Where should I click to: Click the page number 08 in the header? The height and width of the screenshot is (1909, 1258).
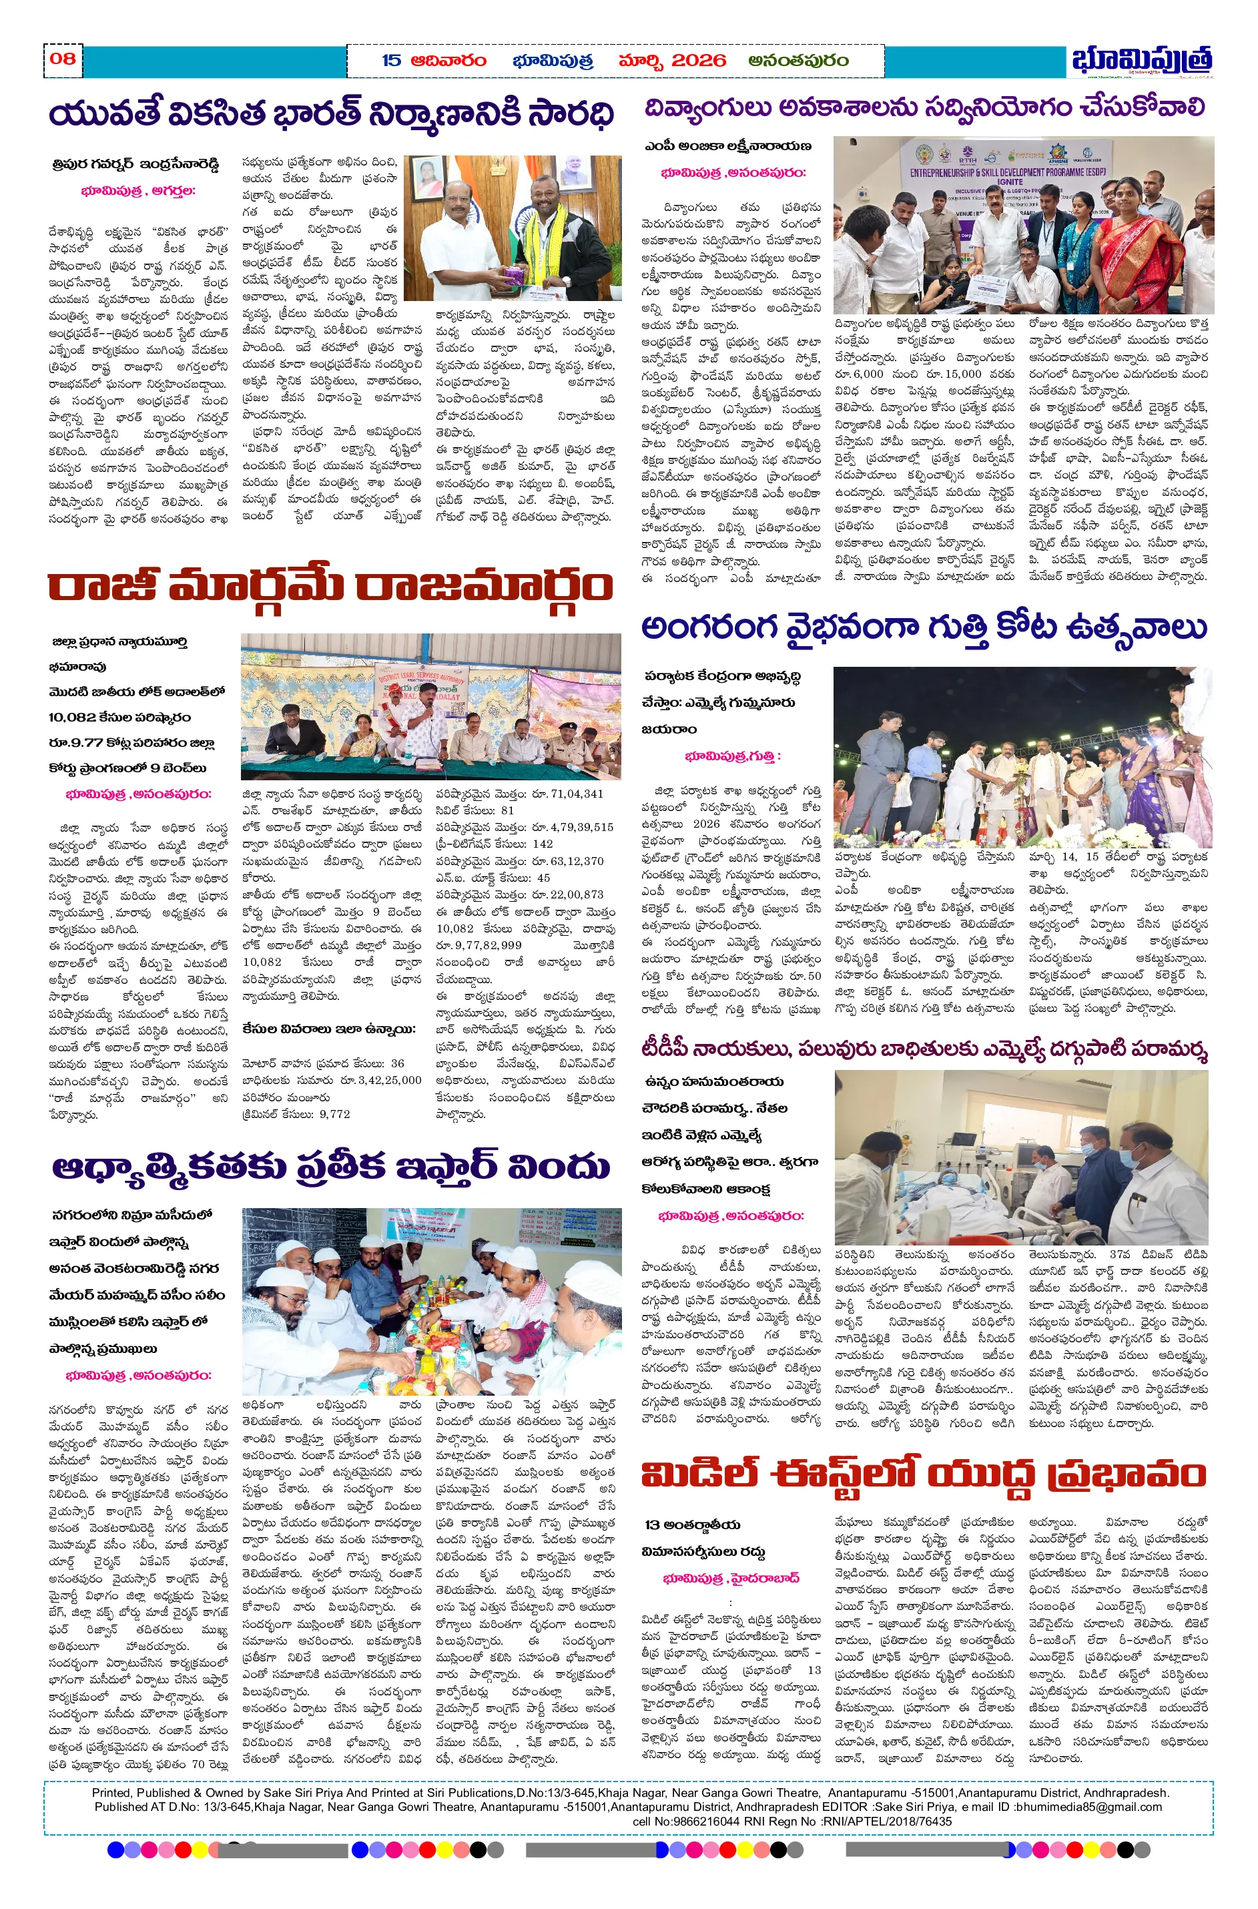point(63,58)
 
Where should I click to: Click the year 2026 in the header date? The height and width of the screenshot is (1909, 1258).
point(698,60)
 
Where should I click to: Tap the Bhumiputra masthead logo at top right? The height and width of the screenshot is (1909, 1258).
point(1141,60)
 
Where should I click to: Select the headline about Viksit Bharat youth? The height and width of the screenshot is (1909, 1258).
point(330,114)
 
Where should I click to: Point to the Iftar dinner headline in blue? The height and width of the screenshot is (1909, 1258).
point(330,1167)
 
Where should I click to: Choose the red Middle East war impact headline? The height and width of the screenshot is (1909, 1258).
point(924,1474)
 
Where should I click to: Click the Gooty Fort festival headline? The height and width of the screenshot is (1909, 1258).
point(924,627)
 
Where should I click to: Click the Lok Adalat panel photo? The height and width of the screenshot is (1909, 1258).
point(431,706)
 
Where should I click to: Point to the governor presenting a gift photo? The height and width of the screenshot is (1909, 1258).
point(512,228)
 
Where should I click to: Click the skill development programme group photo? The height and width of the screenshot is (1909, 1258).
point(1023,225)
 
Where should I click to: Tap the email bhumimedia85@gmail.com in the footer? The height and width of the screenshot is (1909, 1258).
point(1088,1807)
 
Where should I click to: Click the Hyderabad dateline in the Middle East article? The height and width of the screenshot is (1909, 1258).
point(731,1577)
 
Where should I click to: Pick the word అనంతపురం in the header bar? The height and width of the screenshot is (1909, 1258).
point(798,60)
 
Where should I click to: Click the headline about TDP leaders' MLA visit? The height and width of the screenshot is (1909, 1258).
point(924,1049)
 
